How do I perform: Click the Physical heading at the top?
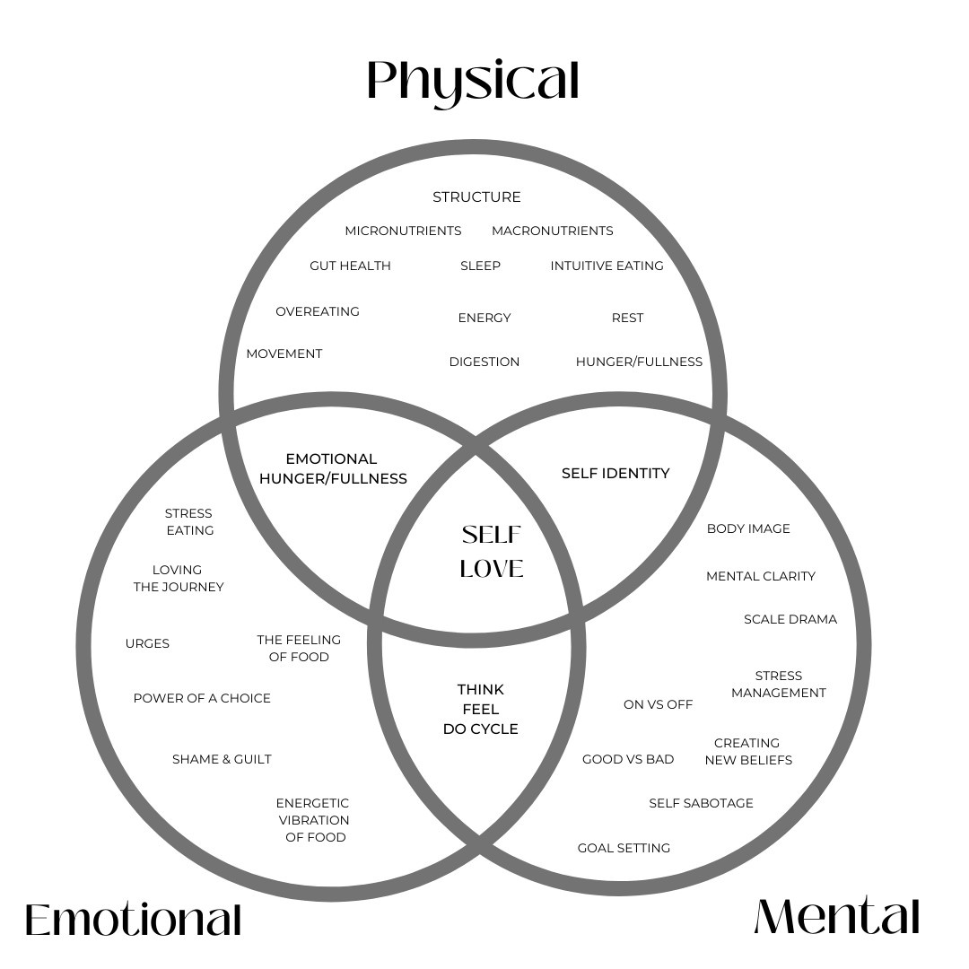473,81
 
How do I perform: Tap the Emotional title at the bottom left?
133,920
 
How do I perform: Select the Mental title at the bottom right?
836,917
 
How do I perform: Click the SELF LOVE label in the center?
492,552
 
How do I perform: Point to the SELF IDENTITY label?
615,473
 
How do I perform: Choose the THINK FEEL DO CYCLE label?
481,709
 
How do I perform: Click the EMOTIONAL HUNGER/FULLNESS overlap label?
333,468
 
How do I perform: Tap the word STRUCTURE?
476,196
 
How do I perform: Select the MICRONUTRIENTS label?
403,231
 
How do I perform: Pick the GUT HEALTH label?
350,266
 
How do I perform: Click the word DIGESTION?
484,362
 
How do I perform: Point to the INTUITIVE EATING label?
607,266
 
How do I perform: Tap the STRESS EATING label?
189,521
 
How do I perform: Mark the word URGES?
147,643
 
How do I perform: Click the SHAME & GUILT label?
222,759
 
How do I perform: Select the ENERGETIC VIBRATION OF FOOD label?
313,820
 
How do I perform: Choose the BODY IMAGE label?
748,528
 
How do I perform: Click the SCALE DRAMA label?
790,619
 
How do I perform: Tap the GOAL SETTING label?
624,848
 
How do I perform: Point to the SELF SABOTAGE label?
701,803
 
